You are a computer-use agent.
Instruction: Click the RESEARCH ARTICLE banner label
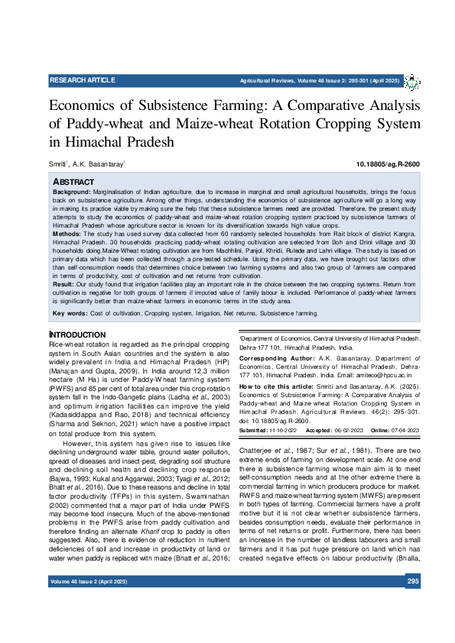tap(82, 80)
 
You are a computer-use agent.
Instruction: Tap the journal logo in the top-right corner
tap(412, 81)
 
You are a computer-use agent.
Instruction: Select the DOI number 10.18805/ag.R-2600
tap(388, 165)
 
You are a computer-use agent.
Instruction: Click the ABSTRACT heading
tap(73, 181)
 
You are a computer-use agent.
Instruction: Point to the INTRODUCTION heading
tap(77, 335)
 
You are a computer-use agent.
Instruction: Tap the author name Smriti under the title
tap(58, 165)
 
